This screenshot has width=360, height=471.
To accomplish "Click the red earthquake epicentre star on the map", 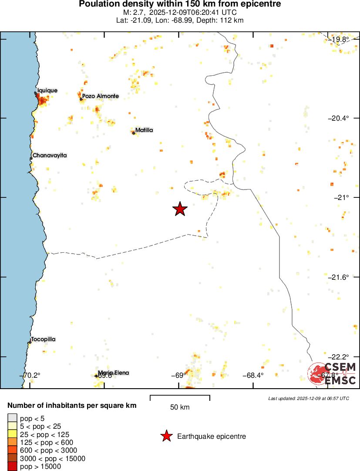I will pyautogui.click(x=180, y=209).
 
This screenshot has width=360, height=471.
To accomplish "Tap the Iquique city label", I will pyautogui.click(x=47, y=91).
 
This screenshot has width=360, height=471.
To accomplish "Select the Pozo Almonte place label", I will pyautogui.click(x=100, y=96).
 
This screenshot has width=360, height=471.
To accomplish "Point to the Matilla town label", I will pyautogui.click(x=144, y=130).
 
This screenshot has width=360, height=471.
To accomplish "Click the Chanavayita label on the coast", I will pyautogui.click(x=50, y=155).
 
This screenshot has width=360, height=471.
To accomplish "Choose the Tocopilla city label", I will pyautogui.click(x=43, y=339).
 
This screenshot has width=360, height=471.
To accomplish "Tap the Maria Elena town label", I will pyautogui.click(x=113, y=373).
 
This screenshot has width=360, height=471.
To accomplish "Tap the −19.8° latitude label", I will pyautogui.click(x=339, y=40).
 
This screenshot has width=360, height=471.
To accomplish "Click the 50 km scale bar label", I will pyautogui.click(x=180, y=407).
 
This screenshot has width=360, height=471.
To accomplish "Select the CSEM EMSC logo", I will pyautogui.click(x=332, y=374).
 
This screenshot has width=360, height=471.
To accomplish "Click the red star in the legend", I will pyautogui.click(x=166, y=436).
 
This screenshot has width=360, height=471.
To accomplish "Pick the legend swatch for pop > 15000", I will pyautogui.click(x=13, y=467).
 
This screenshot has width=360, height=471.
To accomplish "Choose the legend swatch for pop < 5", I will pyautogui.click(x=13, y=418).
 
